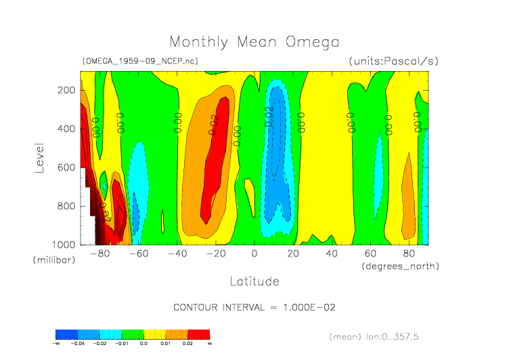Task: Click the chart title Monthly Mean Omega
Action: click(x=254, y=42)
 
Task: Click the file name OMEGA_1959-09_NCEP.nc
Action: click(x=139, y=61)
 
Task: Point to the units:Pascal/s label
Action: click(x=394, y=61)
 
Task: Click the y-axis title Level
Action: click(x=39, y=156)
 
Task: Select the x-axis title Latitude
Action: click(x=254, y=281)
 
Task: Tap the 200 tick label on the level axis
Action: click(x=66, y=90)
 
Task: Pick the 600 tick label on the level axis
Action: click(x=66, y=167)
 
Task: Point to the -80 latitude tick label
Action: click(x=100, y=254)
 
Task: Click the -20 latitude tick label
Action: click(x=216, y=254)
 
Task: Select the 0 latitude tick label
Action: click(x=255, y=254)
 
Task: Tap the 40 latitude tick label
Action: click(x=332, y=254)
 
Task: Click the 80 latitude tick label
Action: click(x=409, y=254)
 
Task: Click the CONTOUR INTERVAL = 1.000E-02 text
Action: click(x=254, y=307)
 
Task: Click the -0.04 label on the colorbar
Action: click(x=79, y=344)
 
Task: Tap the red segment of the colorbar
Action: click(x=198, y=334)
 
